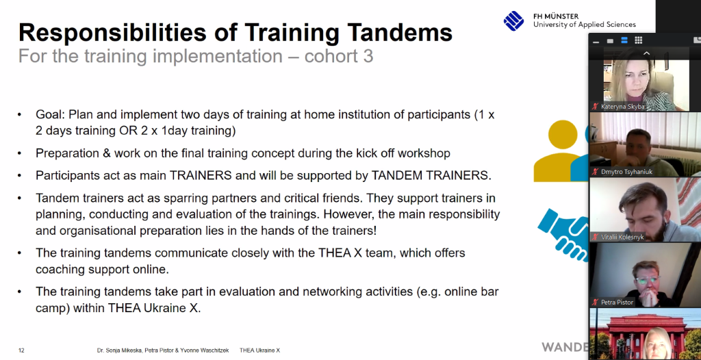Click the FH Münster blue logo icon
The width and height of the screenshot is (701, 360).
(x=513, y=21)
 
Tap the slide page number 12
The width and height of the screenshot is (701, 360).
(x=21, y=350)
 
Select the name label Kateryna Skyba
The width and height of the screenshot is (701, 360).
(x=622, y=107)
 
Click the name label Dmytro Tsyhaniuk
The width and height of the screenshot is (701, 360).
(x=626, y=172)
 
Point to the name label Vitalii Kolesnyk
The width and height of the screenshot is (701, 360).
(x=622, y=237)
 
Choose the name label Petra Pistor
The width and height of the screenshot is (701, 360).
(x=617, y=303)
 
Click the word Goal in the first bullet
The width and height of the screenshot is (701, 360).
(x=50, y=115)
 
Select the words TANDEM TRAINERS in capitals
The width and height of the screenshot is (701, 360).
(x=431, y=175)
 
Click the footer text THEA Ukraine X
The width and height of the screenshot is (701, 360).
(x=259, y=350)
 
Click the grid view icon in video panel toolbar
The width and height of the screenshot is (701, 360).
(x=639, y=40)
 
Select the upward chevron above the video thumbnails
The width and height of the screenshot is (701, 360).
(x=646, y=53)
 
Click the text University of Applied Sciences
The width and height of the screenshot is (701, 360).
(x=585, y=25)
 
